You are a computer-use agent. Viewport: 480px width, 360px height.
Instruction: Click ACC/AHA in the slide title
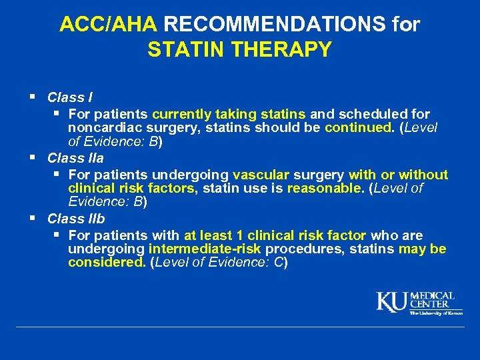(x=108, y=25)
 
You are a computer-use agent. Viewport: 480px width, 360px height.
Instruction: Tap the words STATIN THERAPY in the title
(x=239, y=50)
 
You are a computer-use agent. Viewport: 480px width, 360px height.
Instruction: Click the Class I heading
(x=70, y=98)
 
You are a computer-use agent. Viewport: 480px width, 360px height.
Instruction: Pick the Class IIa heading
(x=75, y=158)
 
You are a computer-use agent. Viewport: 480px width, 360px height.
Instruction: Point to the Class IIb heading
(x=76, y=218)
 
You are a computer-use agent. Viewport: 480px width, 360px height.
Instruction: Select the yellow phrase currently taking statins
(x=229, y=114)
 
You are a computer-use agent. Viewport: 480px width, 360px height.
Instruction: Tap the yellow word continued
(x=359, y=128)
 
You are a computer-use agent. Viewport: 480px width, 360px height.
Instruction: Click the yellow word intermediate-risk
(x=205, y=249)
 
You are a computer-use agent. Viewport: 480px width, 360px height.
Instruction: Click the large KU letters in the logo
(x=392, y=302)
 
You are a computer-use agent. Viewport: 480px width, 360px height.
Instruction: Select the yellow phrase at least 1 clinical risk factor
(x=275, y=235)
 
